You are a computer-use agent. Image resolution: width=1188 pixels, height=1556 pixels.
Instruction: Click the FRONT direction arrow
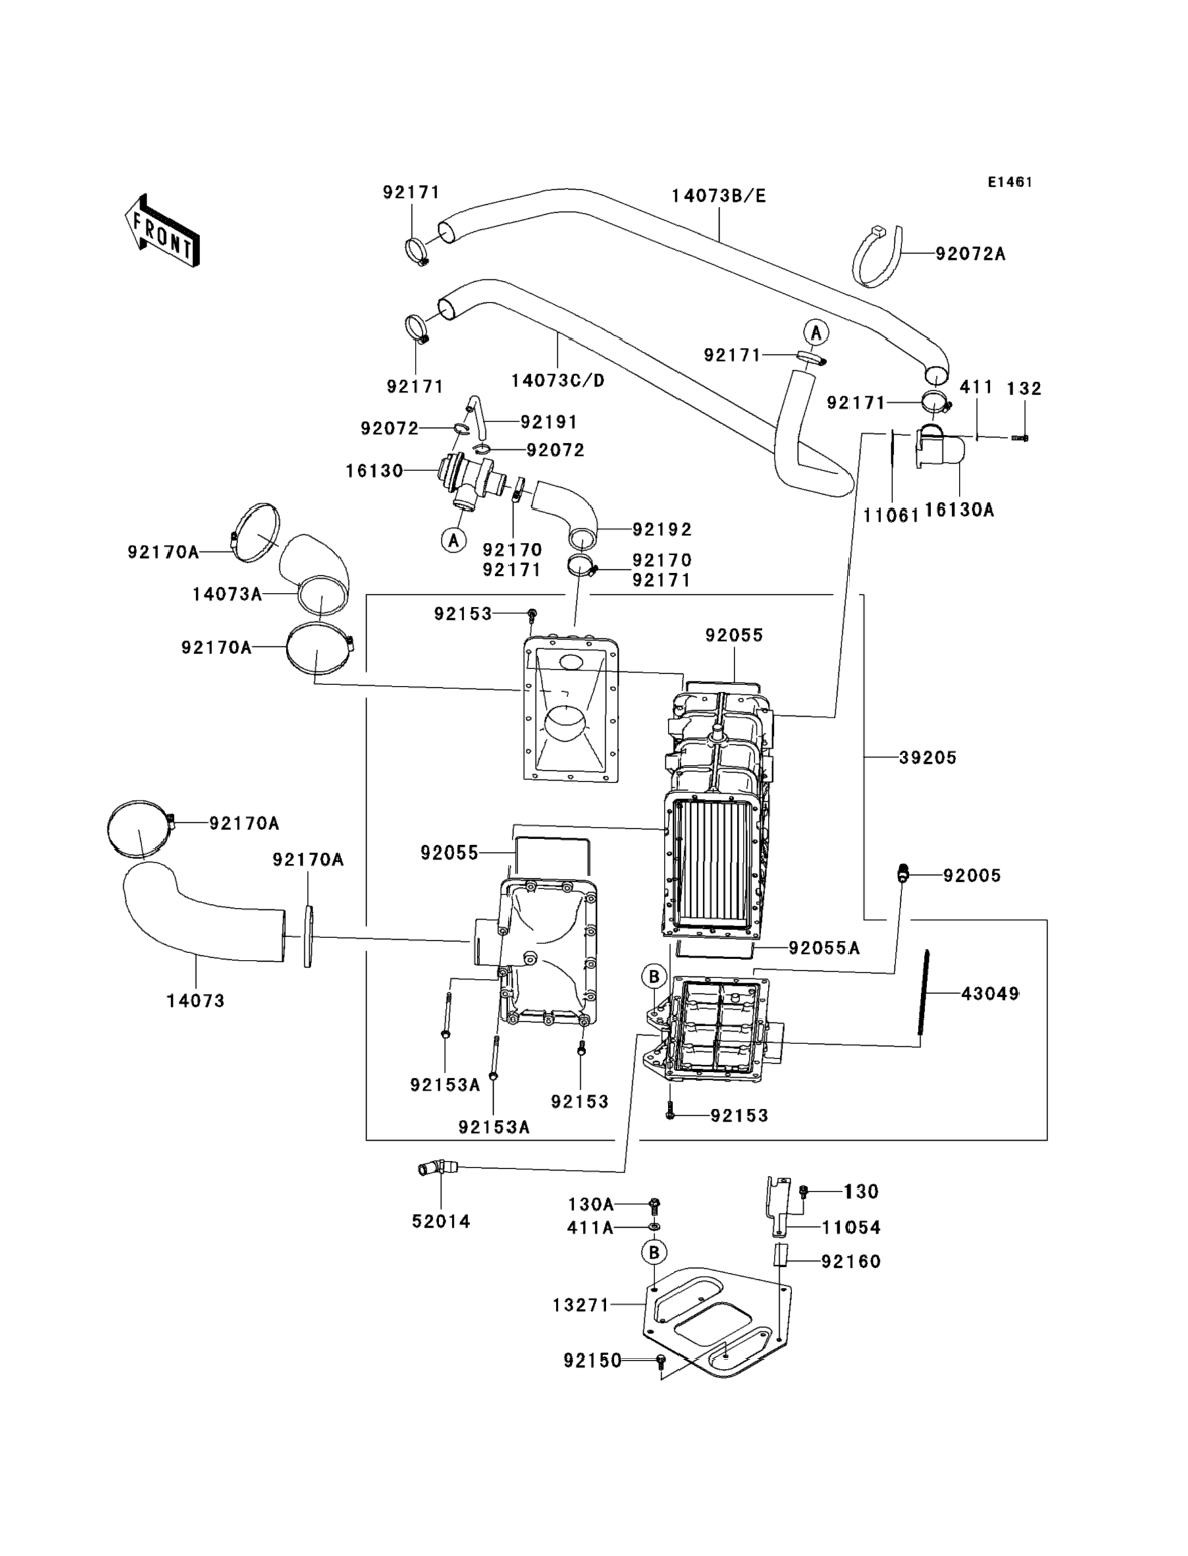[x=162, y=231]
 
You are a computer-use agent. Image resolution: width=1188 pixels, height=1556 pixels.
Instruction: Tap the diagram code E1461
[x=1010, y=182]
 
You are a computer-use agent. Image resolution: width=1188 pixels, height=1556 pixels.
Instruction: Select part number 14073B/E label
[x=718, y=196]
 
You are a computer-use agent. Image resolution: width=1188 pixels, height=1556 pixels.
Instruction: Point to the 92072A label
[x=970, y=254]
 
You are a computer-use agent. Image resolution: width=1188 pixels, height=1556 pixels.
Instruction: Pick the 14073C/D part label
[x=558, y=381]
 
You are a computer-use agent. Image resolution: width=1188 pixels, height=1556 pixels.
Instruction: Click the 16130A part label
[x=959, y=510]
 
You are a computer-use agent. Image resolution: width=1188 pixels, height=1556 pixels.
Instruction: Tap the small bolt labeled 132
[x=1019, y=439]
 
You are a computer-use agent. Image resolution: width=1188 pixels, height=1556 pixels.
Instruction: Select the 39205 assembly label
[x=928, y=758]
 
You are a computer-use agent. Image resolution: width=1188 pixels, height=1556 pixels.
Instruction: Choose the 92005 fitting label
[x=971, y=875]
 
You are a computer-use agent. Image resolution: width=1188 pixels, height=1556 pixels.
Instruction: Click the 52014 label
[x=441, y=1221]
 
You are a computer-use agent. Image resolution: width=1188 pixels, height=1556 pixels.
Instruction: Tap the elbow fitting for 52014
[x=433, y=1169]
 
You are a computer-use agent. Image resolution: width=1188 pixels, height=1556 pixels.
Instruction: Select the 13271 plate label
[x=581, y=1305]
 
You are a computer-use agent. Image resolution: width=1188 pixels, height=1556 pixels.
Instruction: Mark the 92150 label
[x=592, y=1360]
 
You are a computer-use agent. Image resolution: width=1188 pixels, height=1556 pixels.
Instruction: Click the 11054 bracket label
[x=851, y=1228]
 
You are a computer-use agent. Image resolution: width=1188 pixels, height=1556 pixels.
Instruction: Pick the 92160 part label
[x=851, y=1262]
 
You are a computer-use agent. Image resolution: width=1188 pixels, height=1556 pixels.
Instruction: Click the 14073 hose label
[x=196, y=1001]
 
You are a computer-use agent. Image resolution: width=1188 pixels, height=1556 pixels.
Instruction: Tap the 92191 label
[x=549, y=422]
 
